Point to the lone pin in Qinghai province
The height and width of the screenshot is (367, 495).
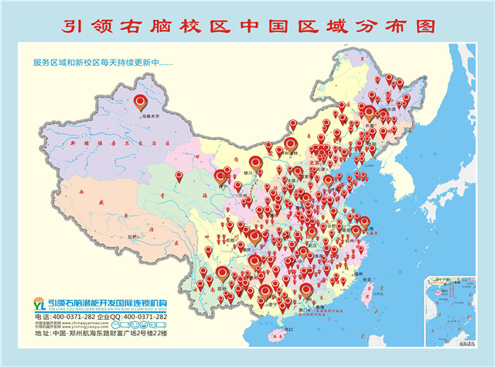[179, 177]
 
